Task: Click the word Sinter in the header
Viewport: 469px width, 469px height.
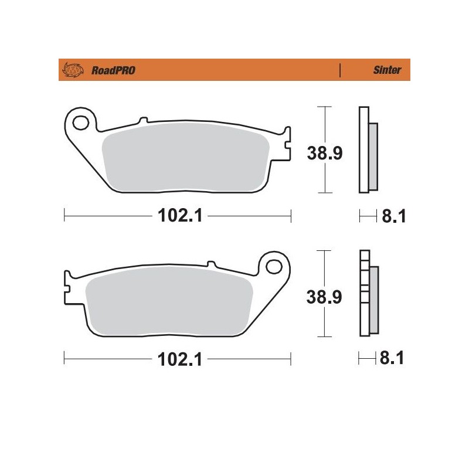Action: click(x=388, y=70)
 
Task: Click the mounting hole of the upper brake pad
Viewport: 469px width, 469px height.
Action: click(x=82, y=123)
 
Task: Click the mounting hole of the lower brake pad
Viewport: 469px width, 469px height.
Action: click(x=273, y=267)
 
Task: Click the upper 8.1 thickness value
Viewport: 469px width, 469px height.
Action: click(x=394, y=217)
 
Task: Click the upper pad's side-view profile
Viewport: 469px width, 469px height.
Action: click(x=363, y=150)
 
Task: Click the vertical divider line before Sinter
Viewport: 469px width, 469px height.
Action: click(x=341, y=70)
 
